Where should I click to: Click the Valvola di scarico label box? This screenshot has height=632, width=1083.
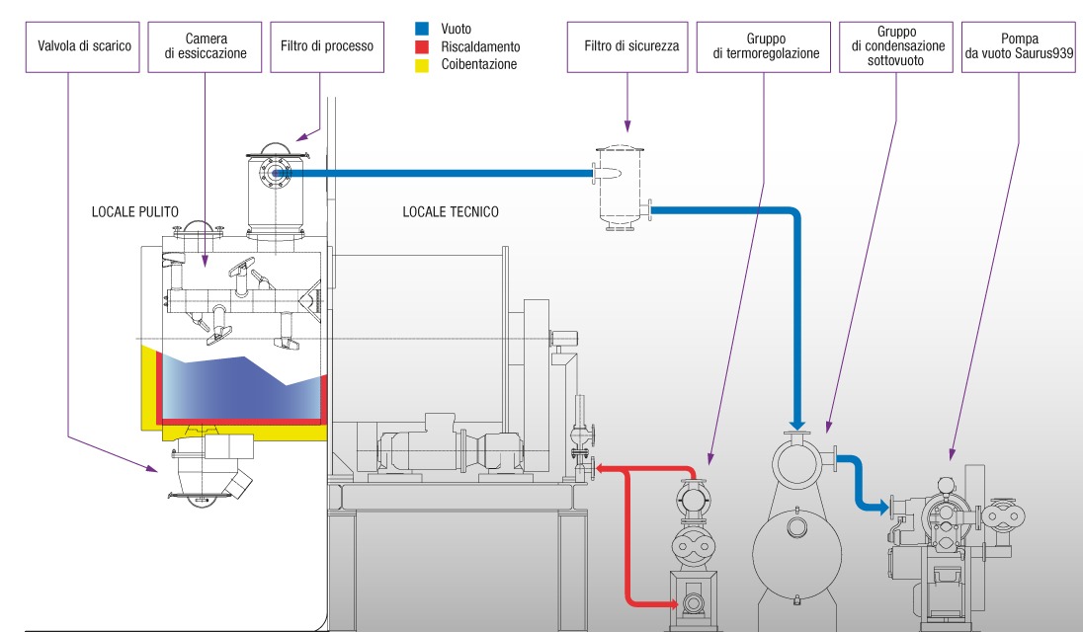(84, 46)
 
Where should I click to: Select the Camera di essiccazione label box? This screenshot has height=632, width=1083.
(206, 46)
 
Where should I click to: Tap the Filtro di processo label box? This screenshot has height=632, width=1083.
(326, 46)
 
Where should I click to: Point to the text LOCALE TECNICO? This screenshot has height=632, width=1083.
(451, 211)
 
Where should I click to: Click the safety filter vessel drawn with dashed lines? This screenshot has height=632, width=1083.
(619, 188)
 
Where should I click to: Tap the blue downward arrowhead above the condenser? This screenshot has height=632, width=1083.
(796, 413)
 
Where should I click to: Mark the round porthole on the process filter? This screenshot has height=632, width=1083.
(273, 175)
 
